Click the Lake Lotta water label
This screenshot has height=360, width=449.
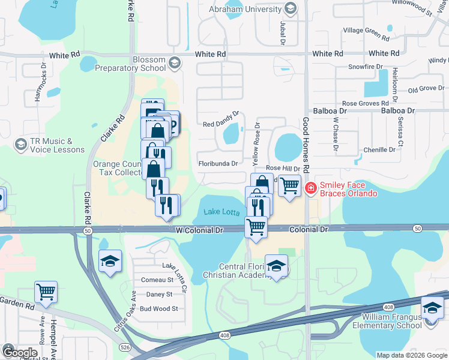[x=221, y=212]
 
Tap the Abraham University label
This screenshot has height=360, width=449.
[x=245, y=9]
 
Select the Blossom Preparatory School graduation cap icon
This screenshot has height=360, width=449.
[x=174, y=62]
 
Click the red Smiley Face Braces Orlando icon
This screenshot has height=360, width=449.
[x=310, y=188]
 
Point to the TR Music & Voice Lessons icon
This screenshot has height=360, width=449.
[x=22, y=145]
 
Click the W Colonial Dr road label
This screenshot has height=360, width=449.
[x=199, y=230]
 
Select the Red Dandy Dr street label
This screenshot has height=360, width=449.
[x=221, y=125]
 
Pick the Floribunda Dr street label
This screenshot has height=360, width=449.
[x=218, y=163]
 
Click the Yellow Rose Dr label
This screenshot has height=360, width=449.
[x=256, y=145]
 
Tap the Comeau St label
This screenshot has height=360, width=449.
[x=157, y=280]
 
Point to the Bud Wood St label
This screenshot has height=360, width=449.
[x=158, y=309]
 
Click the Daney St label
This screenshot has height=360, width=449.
[x=159, y=294]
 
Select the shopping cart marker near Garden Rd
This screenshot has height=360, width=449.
[x=46, y=292]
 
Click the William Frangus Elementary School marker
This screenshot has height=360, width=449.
[x=432, y=308]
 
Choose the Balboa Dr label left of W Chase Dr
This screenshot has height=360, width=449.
[x=330, y=111]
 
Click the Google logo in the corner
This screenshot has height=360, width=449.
[x=20, y=353]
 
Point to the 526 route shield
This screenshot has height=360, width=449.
[x=124, y=347]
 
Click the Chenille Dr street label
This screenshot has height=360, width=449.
[x=380, y=149]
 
